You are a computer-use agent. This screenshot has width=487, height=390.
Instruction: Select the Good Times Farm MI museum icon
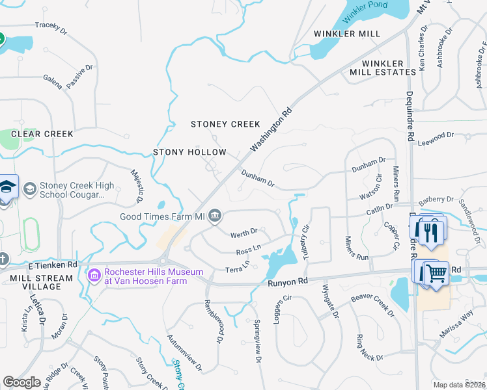click(216, 216)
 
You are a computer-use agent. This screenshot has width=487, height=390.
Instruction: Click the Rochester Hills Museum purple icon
click(94, 276)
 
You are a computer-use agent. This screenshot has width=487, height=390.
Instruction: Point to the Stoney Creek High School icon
click(29, 188)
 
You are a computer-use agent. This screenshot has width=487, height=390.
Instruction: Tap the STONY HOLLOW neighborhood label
click(189, 152)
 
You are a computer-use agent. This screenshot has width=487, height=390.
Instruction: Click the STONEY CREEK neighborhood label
click(225, 124)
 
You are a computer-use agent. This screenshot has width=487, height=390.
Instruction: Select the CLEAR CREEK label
click(42, 134)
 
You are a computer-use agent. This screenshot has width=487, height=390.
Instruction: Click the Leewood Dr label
click(436, 136)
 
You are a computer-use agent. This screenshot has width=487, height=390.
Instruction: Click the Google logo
click(21, 382)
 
